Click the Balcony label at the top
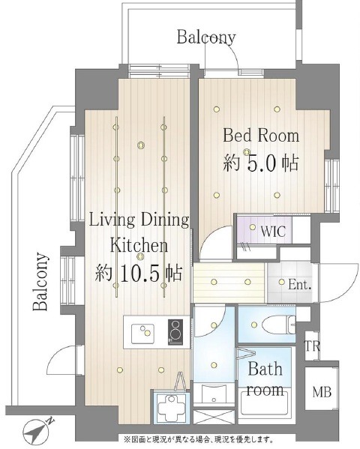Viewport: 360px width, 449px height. coord(205,37)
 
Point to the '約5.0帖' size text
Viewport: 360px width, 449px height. coord(260,162)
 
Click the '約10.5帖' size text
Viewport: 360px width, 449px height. coord(138,271)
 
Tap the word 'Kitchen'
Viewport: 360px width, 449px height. coord(139,244)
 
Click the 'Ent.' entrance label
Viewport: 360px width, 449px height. coord(299,284)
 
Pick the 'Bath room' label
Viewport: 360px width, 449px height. coord(265,379)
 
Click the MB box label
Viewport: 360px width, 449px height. coord(322,392)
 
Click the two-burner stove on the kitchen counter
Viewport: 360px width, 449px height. coord(175,331)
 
